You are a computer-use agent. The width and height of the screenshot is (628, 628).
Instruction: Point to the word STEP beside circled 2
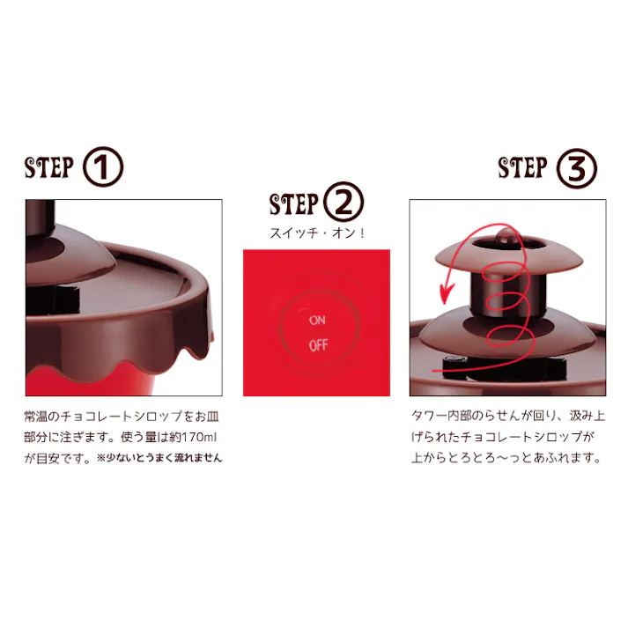tap(293, 205)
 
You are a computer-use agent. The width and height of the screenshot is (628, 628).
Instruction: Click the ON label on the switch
tap(317, 321)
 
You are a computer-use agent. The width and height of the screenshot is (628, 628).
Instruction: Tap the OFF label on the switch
tap(318, 344)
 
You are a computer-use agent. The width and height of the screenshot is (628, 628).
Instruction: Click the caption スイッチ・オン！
tap(316, 234)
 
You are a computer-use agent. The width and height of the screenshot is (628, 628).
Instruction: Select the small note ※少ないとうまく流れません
tap(159, 458)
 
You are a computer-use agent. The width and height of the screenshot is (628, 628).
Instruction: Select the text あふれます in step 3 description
tap(564, 458)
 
